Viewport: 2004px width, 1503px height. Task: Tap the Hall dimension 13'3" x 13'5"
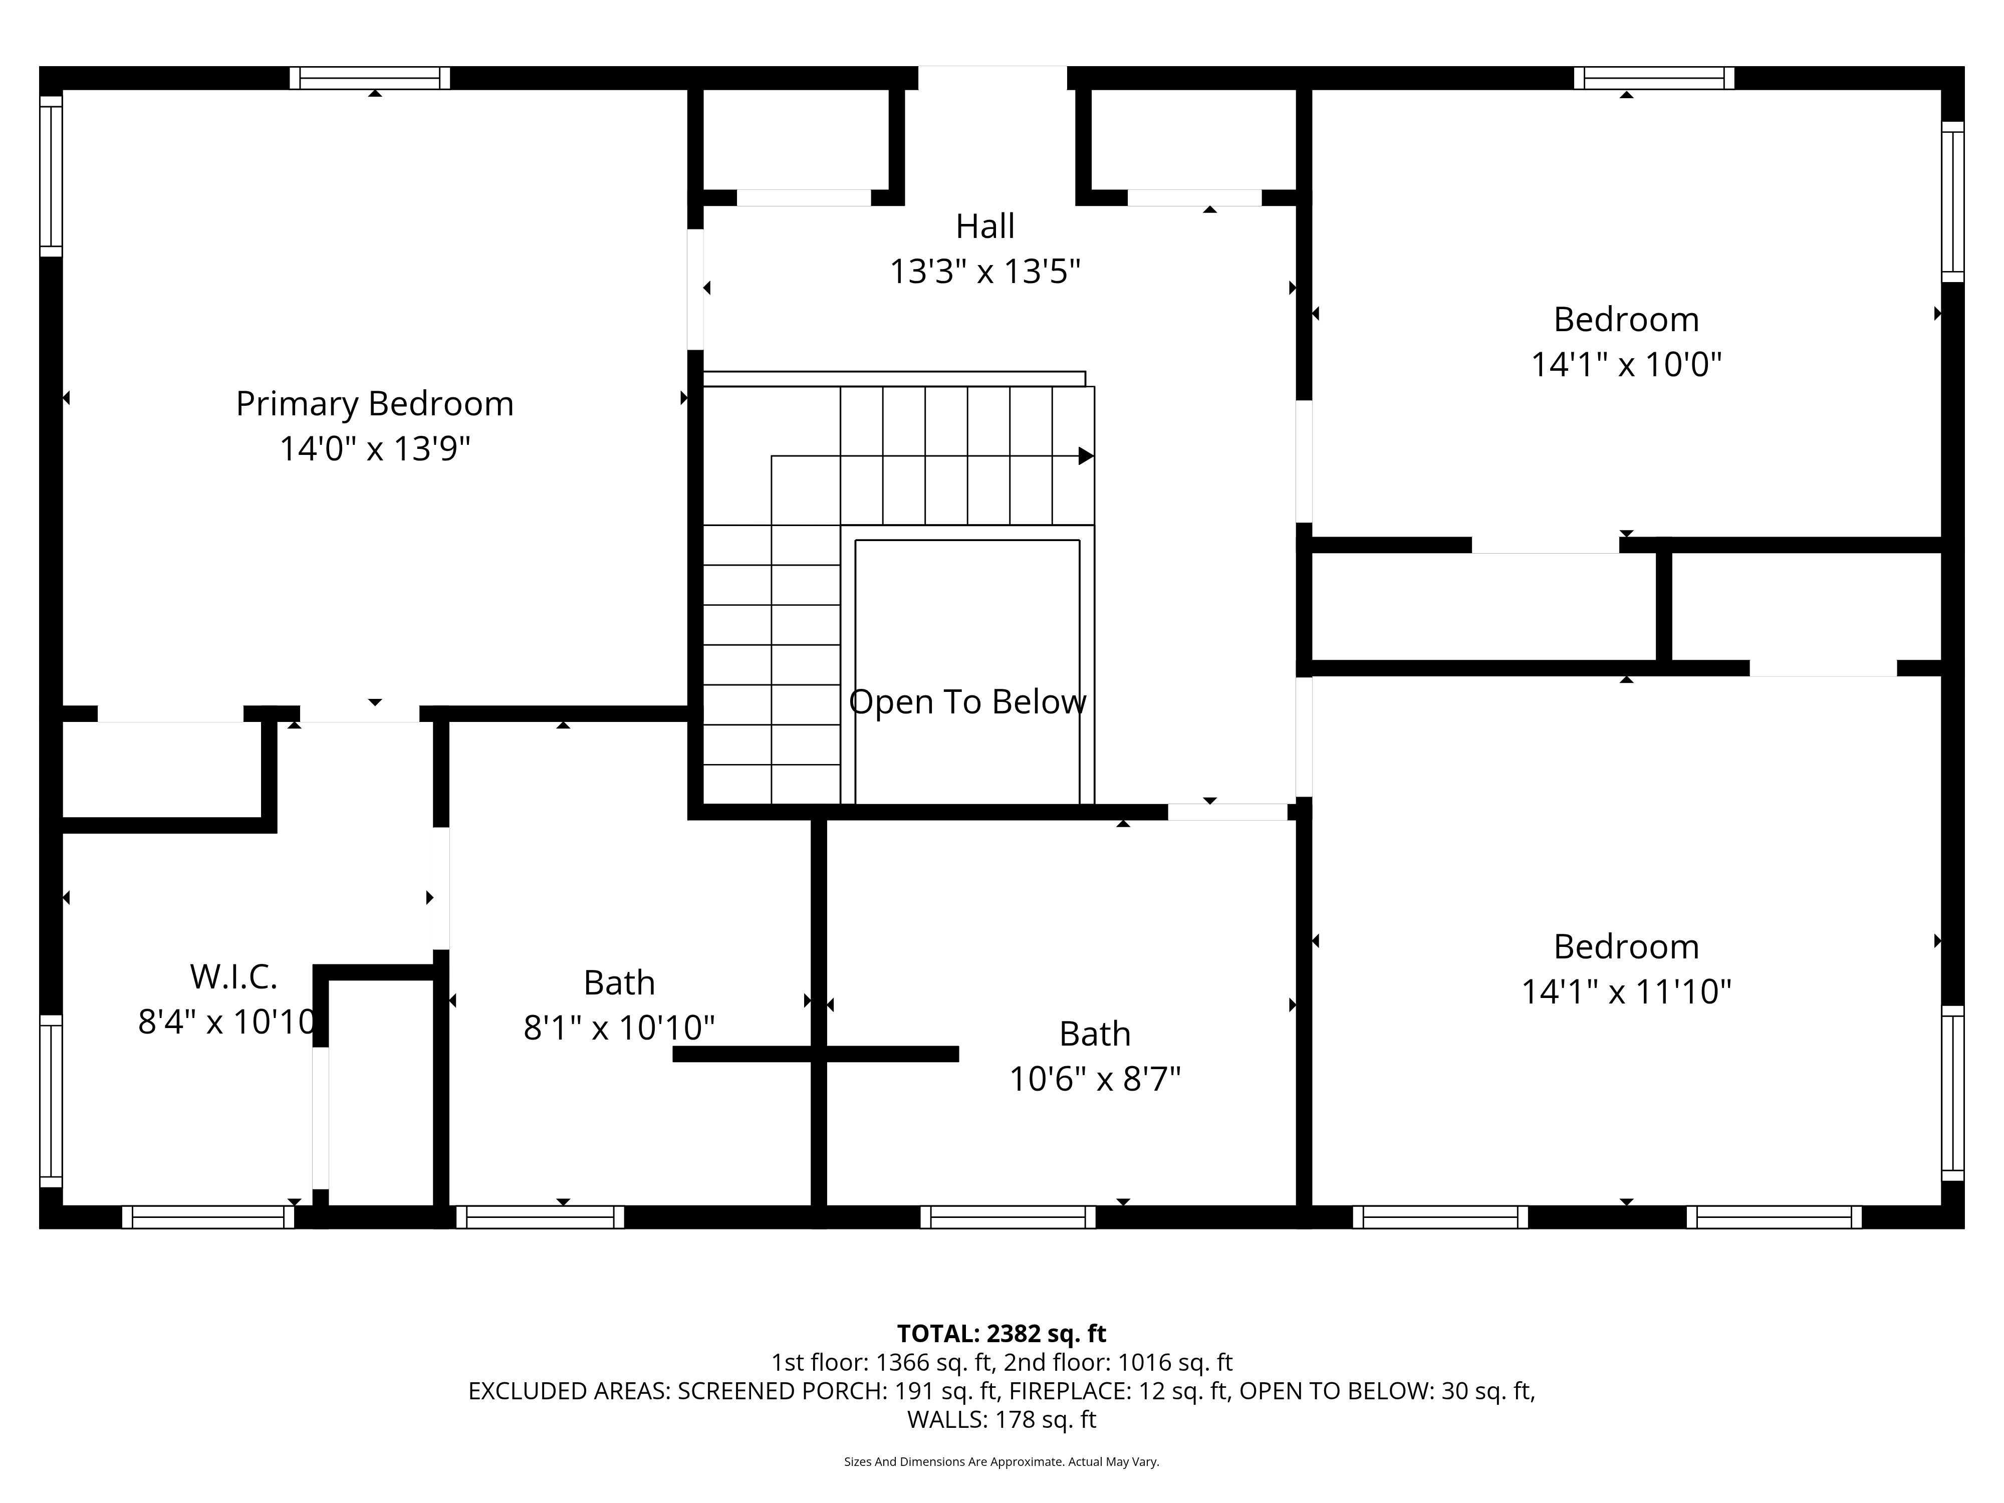point(985,271)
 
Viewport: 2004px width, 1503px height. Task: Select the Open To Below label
point(967,702)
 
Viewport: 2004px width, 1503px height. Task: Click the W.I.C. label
point(234,976)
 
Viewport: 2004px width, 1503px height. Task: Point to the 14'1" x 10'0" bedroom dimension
point(1626,364)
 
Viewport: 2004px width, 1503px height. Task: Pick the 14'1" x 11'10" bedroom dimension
point(1626,992)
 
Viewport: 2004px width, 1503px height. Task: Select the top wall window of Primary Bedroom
point(370,78)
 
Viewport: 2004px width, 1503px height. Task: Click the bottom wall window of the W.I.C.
point(208,1217)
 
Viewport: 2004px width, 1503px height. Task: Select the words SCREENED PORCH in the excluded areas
point(783,1391)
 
